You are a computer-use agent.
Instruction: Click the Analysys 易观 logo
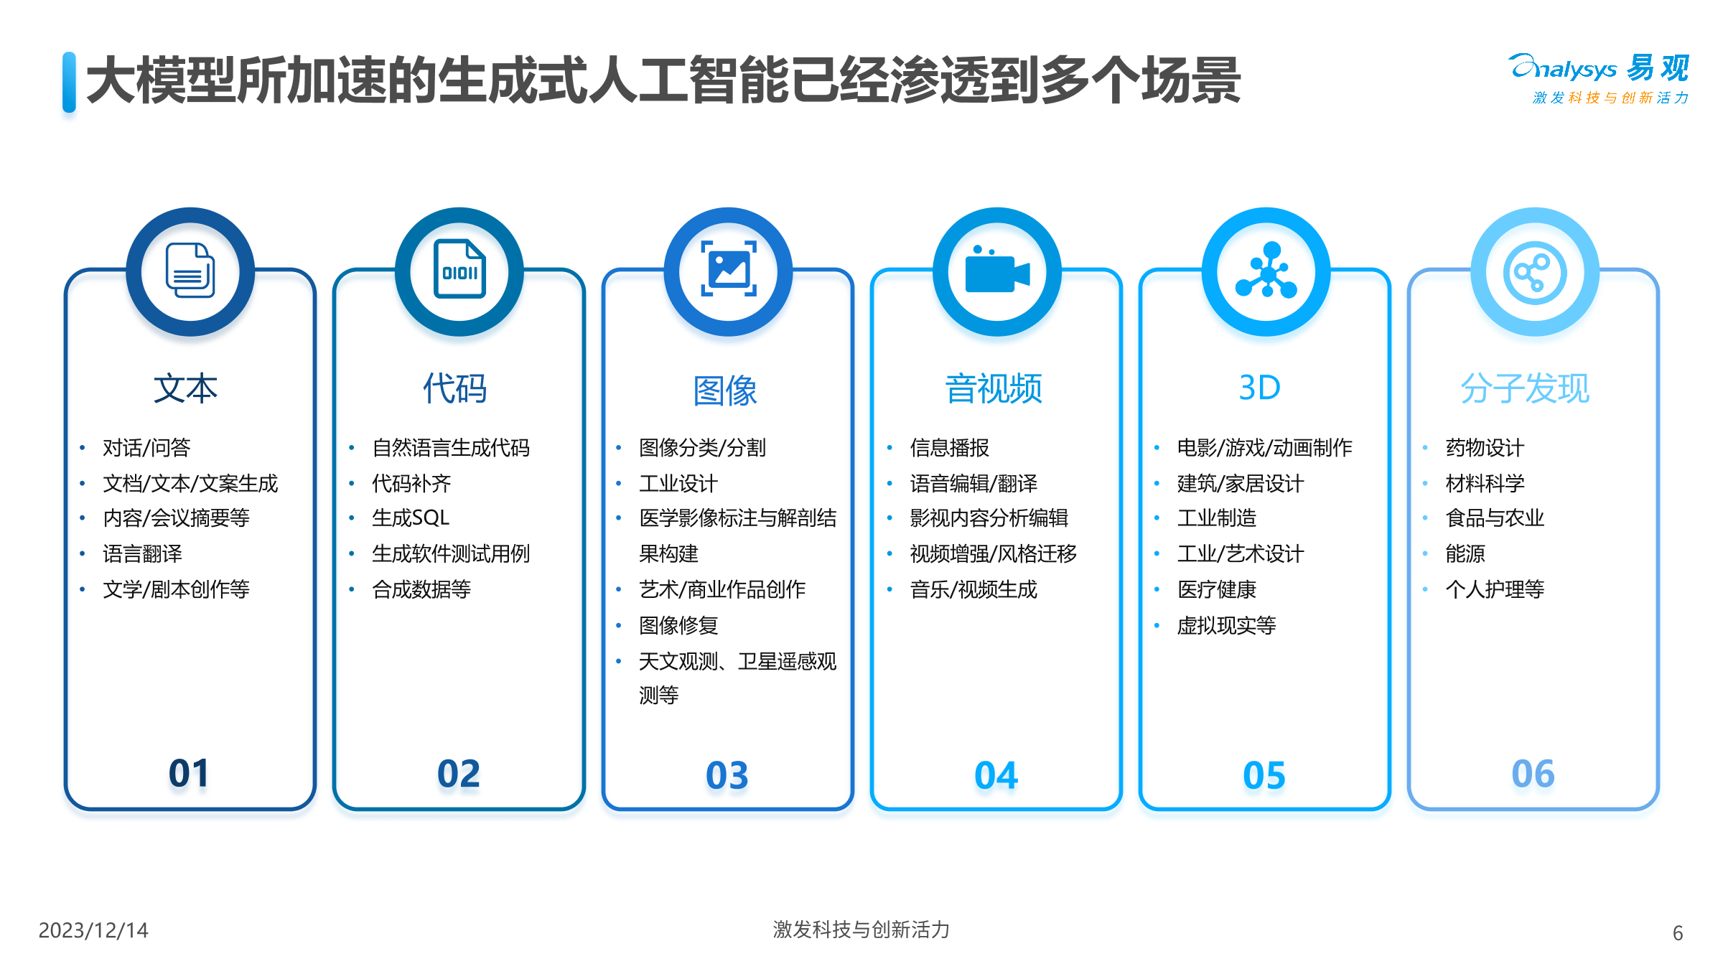(x=1600, y=78)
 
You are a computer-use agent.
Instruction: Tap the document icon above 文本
(x=190, y=271)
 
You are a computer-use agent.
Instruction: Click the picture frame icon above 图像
(x=728, y=269)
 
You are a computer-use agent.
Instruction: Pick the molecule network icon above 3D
(x=1266, y=271)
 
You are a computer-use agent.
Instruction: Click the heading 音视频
(x=994, y=388)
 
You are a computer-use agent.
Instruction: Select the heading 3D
(x=1260, y=388)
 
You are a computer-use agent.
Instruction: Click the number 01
(x=189, y=774)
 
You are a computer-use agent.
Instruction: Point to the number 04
(x=996, y=775)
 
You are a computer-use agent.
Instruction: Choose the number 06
(x=1533, y=774)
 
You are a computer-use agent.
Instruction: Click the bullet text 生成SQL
(x=411, y=518)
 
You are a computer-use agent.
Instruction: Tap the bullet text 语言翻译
(x=142, y=553)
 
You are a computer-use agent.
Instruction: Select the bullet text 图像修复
(x=678, y=625)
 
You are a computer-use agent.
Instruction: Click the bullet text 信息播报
(x=949, y=448)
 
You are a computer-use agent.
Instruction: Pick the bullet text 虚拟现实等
(x=1226, y=625)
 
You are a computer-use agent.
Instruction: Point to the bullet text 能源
(x=1465, y=553)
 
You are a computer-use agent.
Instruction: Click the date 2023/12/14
(x=93, y=930)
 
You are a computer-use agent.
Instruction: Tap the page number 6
(x=1678, y=932)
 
